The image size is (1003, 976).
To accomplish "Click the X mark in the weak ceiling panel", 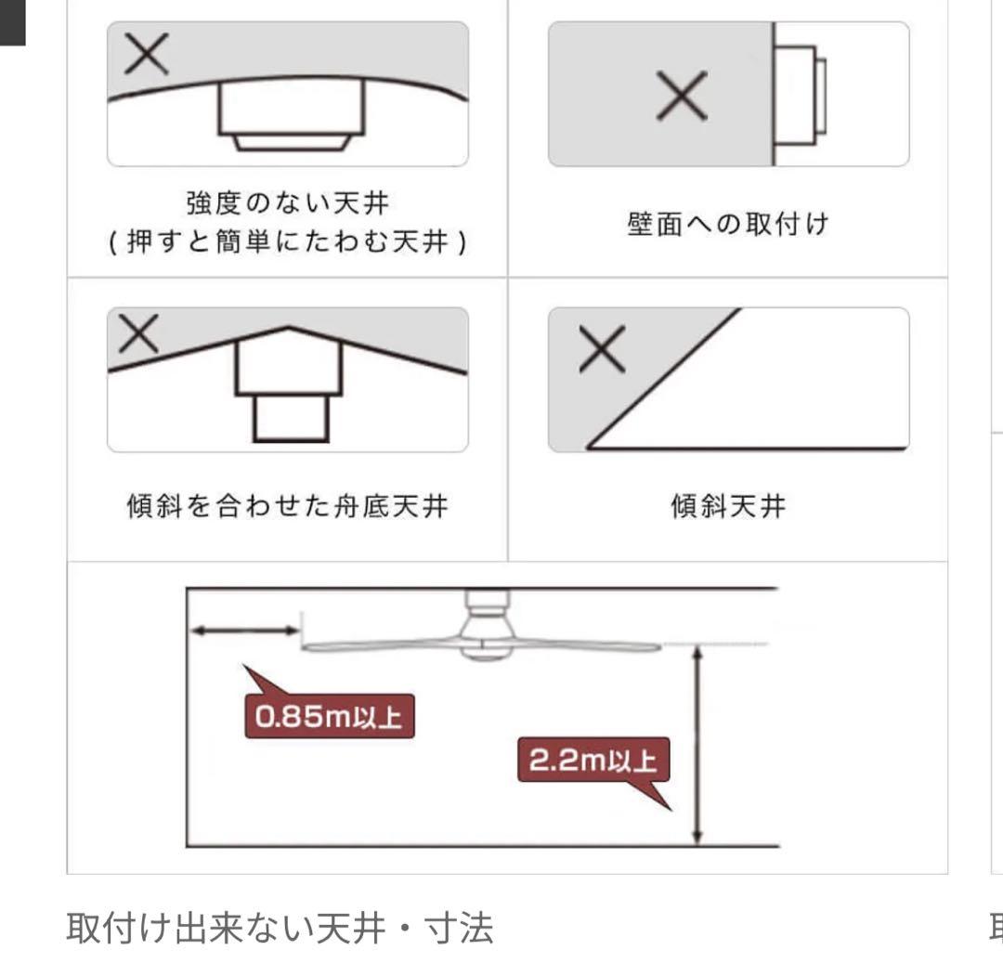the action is coord(147,54).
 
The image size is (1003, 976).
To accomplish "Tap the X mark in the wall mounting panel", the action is coord(682,96).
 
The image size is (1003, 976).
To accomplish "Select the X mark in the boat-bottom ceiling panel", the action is coord(138,333).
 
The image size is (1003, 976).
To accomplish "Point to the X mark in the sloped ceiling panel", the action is coord(602,348).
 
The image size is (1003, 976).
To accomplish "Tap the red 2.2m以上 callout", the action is coord(593,761).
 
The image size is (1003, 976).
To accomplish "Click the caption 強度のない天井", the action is coord(287,203).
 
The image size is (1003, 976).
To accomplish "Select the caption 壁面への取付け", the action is coord(728,224).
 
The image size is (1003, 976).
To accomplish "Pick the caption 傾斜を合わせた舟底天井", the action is coord(287,506).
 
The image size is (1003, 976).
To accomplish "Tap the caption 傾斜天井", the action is coord(728,506).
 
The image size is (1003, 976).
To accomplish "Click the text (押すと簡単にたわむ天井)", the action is coord(287,241).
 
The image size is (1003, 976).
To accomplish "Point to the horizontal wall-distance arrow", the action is coord(245,631).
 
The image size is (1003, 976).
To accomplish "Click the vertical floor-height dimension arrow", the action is coord(697,745).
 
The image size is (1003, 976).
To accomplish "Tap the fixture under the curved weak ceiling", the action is coord(291,115).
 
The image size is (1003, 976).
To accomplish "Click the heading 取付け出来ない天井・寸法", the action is coord(280,928).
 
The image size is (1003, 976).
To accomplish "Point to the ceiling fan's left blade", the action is coord(381,646).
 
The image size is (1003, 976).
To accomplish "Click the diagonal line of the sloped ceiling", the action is coord(664,378).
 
